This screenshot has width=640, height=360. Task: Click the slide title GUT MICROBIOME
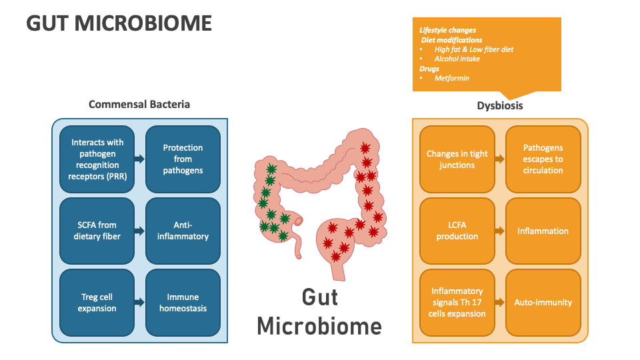point(119,23)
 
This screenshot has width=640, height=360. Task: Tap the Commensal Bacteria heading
point(139,104)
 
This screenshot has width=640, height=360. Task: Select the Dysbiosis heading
point(500,105)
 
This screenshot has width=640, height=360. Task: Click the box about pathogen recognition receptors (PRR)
point(97,159)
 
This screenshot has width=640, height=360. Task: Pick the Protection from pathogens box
point(183,159)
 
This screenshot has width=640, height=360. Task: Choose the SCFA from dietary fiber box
point(97,231)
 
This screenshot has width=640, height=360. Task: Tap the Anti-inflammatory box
point(183,231)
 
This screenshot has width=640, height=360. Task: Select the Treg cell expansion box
point(97,303)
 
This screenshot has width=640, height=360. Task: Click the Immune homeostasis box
point(183,303)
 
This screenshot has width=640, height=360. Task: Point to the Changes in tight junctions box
point(457,159)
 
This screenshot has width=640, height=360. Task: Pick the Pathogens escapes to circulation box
point(543,159)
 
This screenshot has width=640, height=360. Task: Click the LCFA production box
point(457,231)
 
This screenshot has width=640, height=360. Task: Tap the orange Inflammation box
point(543,231)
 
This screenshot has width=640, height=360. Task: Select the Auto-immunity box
point(543,302)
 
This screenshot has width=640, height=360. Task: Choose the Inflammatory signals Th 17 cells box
point(457,302)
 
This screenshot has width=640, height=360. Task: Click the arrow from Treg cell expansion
point(139,303)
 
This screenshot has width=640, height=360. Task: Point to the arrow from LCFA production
point(499,231)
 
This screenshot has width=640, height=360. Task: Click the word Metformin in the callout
point(451,78)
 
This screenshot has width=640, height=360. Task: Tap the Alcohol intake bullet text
point(457,59)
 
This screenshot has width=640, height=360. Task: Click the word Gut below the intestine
point(319,297)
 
